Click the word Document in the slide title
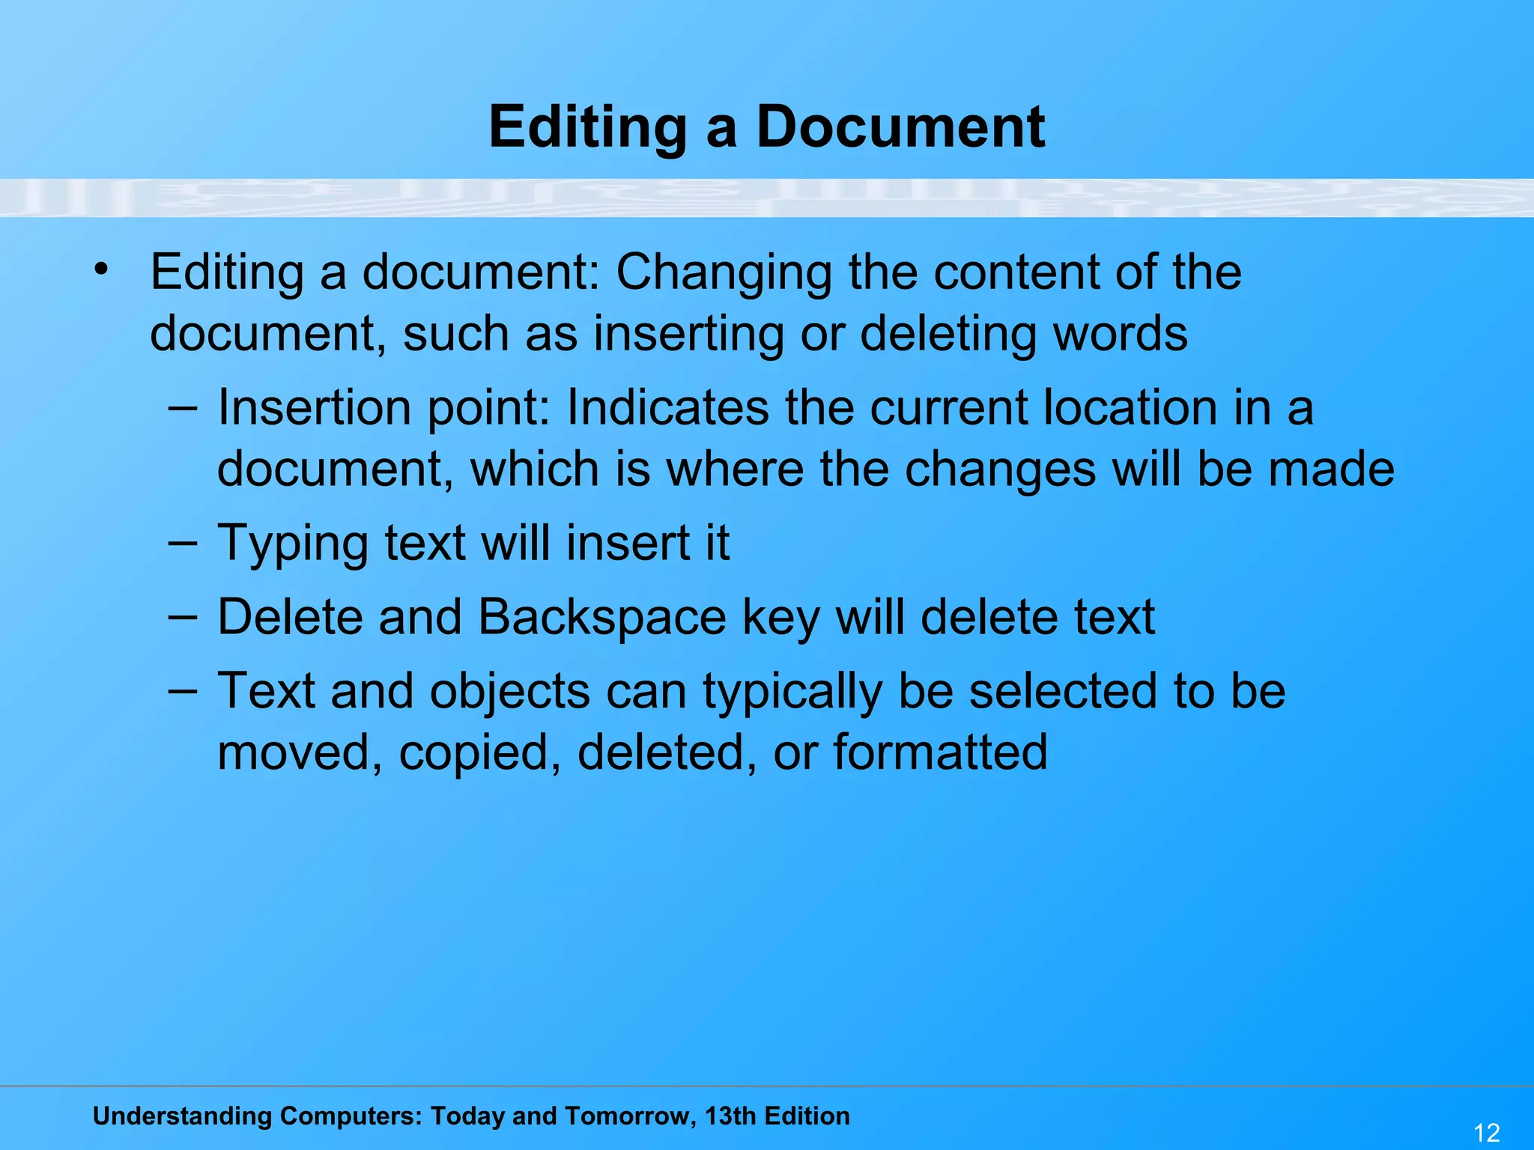pyautogui.click(x=900, y=127)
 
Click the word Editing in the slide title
pyautogui.click(x=587, y=128)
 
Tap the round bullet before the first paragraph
pyautogui.click(x=102, y=268)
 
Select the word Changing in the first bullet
pyautogui.click(x=724, y=273)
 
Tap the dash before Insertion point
pyautogui.click(x=183, y=408)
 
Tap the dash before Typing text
pyautogui.click(x=183, y=543)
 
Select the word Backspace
pyautogui.click(x=602, y=618)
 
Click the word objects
pyautogui.click(x=510, y=693)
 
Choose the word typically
pyautogui.click(x=792, y=693)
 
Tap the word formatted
pyautogui.click(x=940, y=752)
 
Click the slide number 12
pyautogui.click(x=1486, y=1132)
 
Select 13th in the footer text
pyautogui.click(x=731, y=1116)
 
